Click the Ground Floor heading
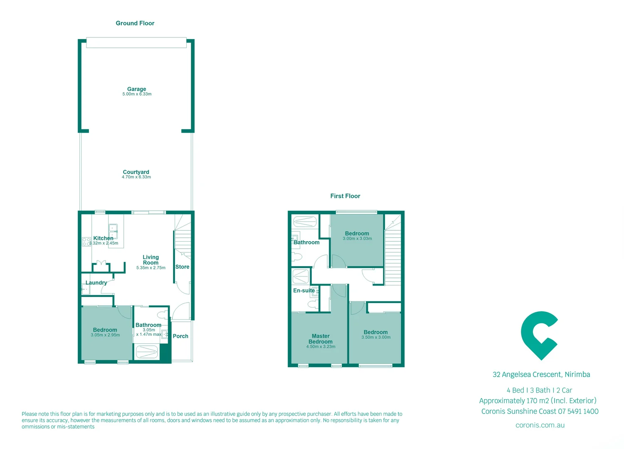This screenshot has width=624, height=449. pos(135,23)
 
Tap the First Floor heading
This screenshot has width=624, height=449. pos(345,196)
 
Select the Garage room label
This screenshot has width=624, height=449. pos(136,89)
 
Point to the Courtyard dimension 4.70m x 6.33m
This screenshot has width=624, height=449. pos(136,177)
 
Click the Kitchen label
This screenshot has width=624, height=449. pos(103,238)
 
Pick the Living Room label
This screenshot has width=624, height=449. pos(150,260)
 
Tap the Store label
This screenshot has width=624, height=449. pos(182,267)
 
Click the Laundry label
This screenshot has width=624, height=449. pos(96,283)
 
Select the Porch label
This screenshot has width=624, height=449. pos(180,336)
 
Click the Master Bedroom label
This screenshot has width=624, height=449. pos(321,339)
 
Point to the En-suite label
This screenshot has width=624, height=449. pos(304,291)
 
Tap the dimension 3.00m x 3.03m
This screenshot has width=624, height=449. pos(357,239)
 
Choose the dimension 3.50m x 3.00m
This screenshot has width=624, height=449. pos(376,337)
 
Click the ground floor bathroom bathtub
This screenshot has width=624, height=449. pos(147,352)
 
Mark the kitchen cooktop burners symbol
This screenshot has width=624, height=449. pos(86,242)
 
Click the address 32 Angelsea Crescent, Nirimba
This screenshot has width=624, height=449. pos(541,375)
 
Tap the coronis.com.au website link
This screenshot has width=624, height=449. pos(540,425)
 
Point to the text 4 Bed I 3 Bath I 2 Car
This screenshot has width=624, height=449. pos(539,390)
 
